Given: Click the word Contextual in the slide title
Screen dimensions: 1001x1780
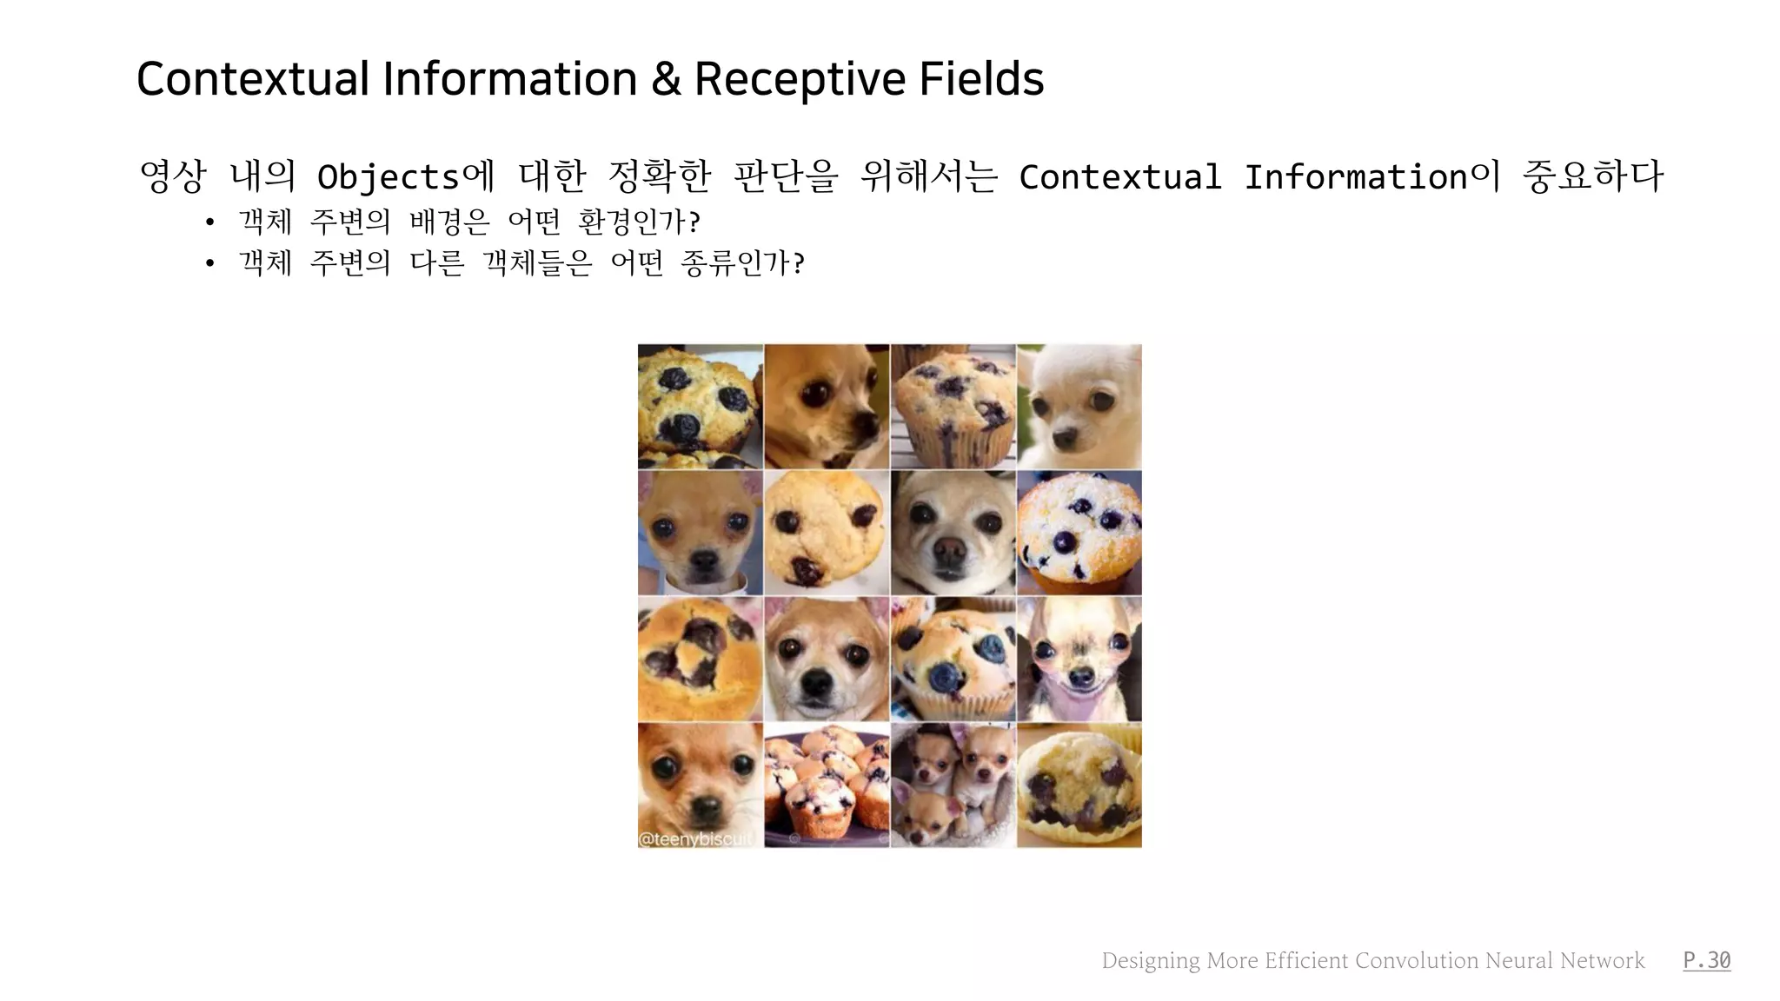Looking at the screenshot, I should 253,79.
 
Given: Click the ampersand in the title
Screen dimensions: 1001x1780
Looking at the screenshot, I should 665,79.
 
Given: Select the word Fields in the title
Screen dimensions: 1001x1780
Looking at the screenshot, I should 981,79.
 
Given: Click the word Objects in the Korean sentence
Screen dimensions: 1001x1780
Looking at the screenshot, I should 388,178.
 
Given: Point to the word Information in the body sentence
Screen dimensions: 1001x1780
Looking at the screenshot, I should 1355,177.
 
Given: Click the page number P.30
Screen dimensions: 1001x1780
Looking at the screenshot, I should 1706,960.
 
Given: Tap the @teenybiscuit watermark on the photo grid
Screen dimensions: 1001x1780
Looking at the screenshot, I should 694,839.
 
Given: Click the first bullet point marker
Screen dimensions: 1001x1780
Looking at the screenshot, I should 209,222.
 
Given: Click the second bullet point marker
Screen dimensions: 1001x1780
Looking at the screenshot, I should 209,263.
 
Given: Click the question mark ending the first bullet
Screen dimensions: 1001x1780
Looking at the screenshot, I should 694,222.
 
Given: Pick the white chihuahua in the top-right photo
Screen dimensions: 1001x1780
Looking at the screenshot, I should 1079,406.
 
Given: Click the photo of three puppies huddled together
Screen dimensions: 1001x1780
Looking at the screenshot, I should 953,785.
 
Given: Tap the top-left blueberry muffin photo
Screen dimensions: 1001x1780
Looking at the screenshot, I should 700,406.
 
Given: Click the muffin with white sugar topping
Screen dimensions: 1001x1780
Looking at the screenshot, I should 1079,532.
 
